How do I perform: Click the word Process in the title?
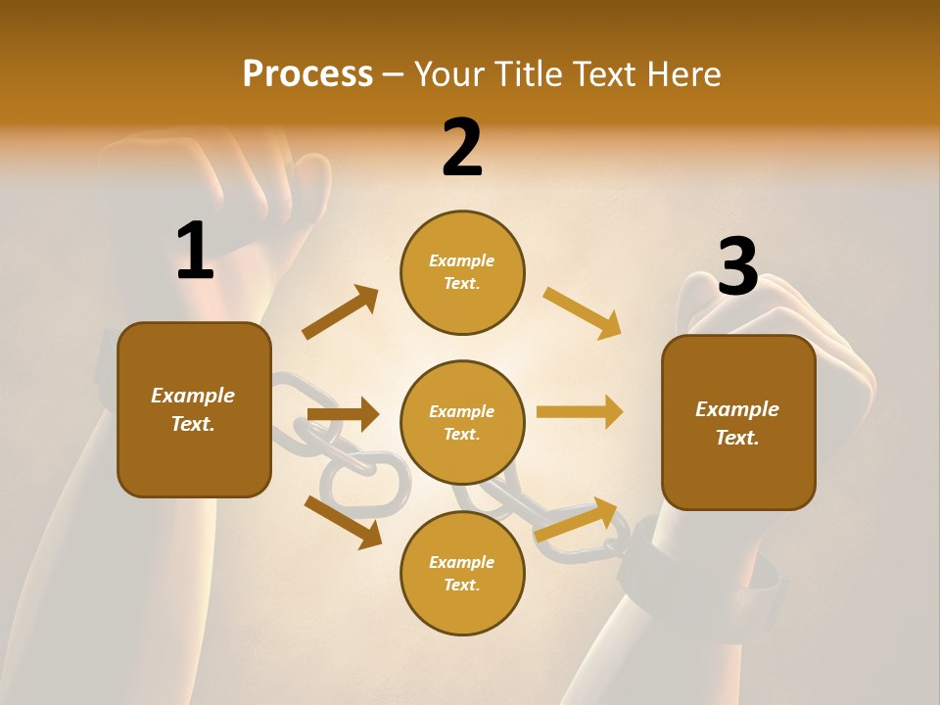click(x=307, y=74)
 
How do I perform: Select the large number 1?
click(x=195, y=252)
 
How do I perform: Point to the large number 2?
click(x=462, y=148)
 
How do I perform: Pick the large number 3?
click(x=737, y=267)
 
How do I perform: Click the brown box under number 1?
click(x=194, y=409)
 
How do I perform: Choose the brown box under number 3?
click(x=738, y=422)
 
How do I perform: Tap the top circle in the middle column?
click(x=462, y=272)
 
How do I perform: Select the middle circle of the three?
click(x=462, y=422)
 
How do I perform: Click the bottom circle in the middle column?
click(x=462, y=573)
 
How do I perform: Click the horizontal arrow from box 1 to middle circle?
click(x=343, y=414)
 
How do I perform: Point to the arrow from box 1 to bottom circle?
click(x=343, y=522)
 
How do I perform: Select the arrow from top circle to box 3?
click(x=583, y=312)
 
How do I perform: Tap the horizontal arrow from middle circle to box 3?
click(x=580, y=412)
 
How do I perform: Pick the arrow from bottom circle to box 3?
click(x=577, y=520)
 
